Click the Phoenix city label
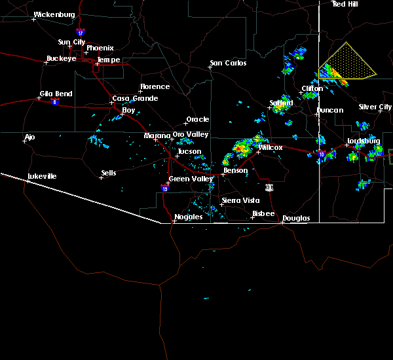[x=100, y=48]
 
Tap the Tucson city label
[x=189, y=151]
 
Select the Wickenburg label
[x=54, y=14]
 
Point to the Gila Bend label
[x=55, y=94]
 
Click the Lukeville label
[x=42, y=176]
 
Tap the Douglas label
[x=296, y=218]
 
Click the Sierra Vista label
[x=240, y=200]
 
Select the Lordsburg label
[x=364, y=141]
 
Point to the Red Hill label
[x=345, y=4]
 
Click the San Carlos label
[x=228, y=63]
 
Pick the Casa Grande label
[x=135, y=98]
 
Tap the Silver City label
[x=375, y=107]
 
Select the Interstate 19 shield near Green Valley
[x=163, y=187]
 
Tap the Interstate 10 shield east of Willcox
[x=321, y=154]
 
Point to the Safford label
[x=281, y=103]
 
